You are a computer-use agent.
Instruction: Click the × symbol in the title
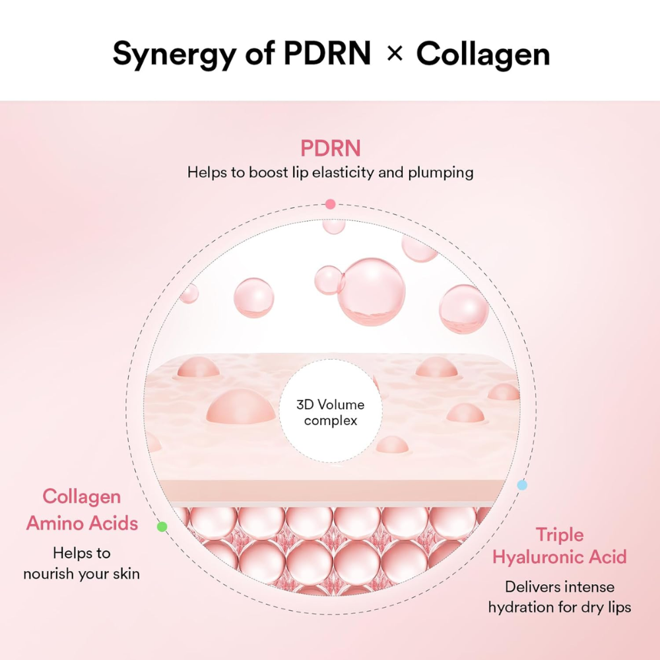(394, 53)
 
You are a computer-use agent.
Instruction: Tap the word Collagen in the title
(483, 53)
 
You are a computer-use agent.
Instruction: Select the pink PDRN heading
(331, 148)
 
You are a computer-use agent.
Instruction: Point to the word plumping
(442, 174)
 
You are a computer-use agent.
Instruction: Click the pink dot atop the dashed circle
(331, 204)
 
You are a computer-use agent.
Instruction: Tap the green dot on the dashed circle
(162, 526)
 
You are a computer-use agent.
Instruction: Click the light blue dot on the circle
(522, 485)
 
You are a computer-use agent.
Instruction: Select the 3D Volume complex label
(331, 412)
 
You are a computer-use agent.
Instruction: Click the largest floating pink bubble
(371, 291)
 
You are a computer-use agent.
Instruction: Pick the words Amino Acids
(82, 524)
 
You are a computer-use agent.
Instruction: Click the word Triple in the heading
(560, 534)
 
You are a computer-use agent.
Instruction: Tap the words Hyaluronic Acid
(560, 558)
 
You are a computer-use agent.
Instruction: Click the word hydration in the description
(521, 607)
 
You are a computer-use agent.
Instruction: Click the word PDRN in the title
(327, 53)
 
